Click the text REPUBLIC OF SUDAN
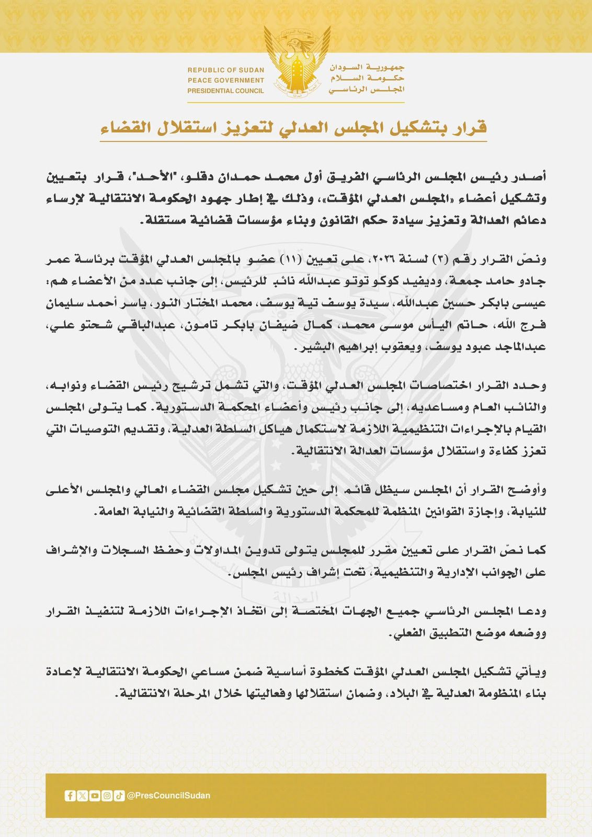226,70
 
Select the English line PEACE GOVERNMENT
226,81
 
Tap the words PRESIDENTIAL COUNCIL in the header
226,91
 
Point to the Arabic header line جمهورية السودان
367,68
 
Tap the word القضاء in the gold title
124,127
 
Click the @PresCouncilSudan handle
168,796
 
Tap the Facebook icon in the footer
70,796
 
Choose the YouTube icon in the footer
95,796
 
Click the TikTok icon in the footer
119,796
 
